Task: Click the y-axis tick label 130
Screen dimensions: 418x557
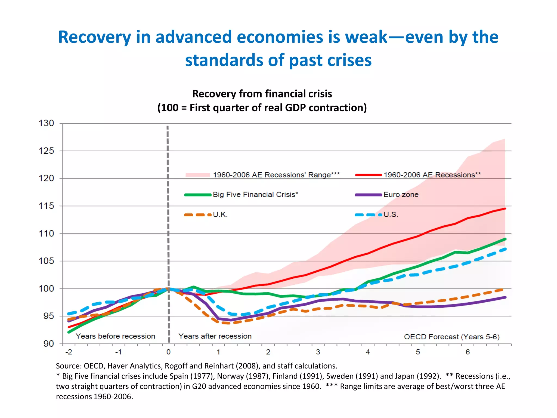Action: tap(46, 123)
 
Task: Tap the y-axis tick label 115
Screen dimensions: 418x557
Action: tap(46, 206)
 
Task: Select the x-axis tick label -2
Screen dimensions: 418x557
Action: tap(69, 352)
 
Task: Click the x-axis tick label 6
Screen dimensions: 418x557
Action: tap(468, 352)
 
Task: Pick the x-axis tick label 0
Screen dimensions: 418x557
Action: tap(168, 352)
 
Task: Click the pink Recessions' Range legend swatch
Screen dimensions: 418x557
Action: tap(198, 175)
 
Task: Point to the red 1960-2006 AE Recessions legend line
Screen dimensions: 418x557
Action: tap(369, 175)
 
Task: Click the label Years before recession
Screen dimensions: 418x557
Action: tap(115, 336)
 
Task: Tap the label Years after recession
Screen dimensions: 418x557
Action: tap(215, 336)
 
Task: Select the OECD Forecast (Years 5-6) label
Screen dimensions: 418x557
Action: tap(452, 337)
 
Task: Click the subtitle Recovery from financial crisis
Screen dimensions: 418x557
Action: tap(262, 94)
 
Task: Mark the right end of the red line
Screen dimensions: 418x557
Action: tap(505, 209)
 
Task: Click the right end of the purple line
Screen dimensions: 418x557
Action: tap(505, 297)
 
